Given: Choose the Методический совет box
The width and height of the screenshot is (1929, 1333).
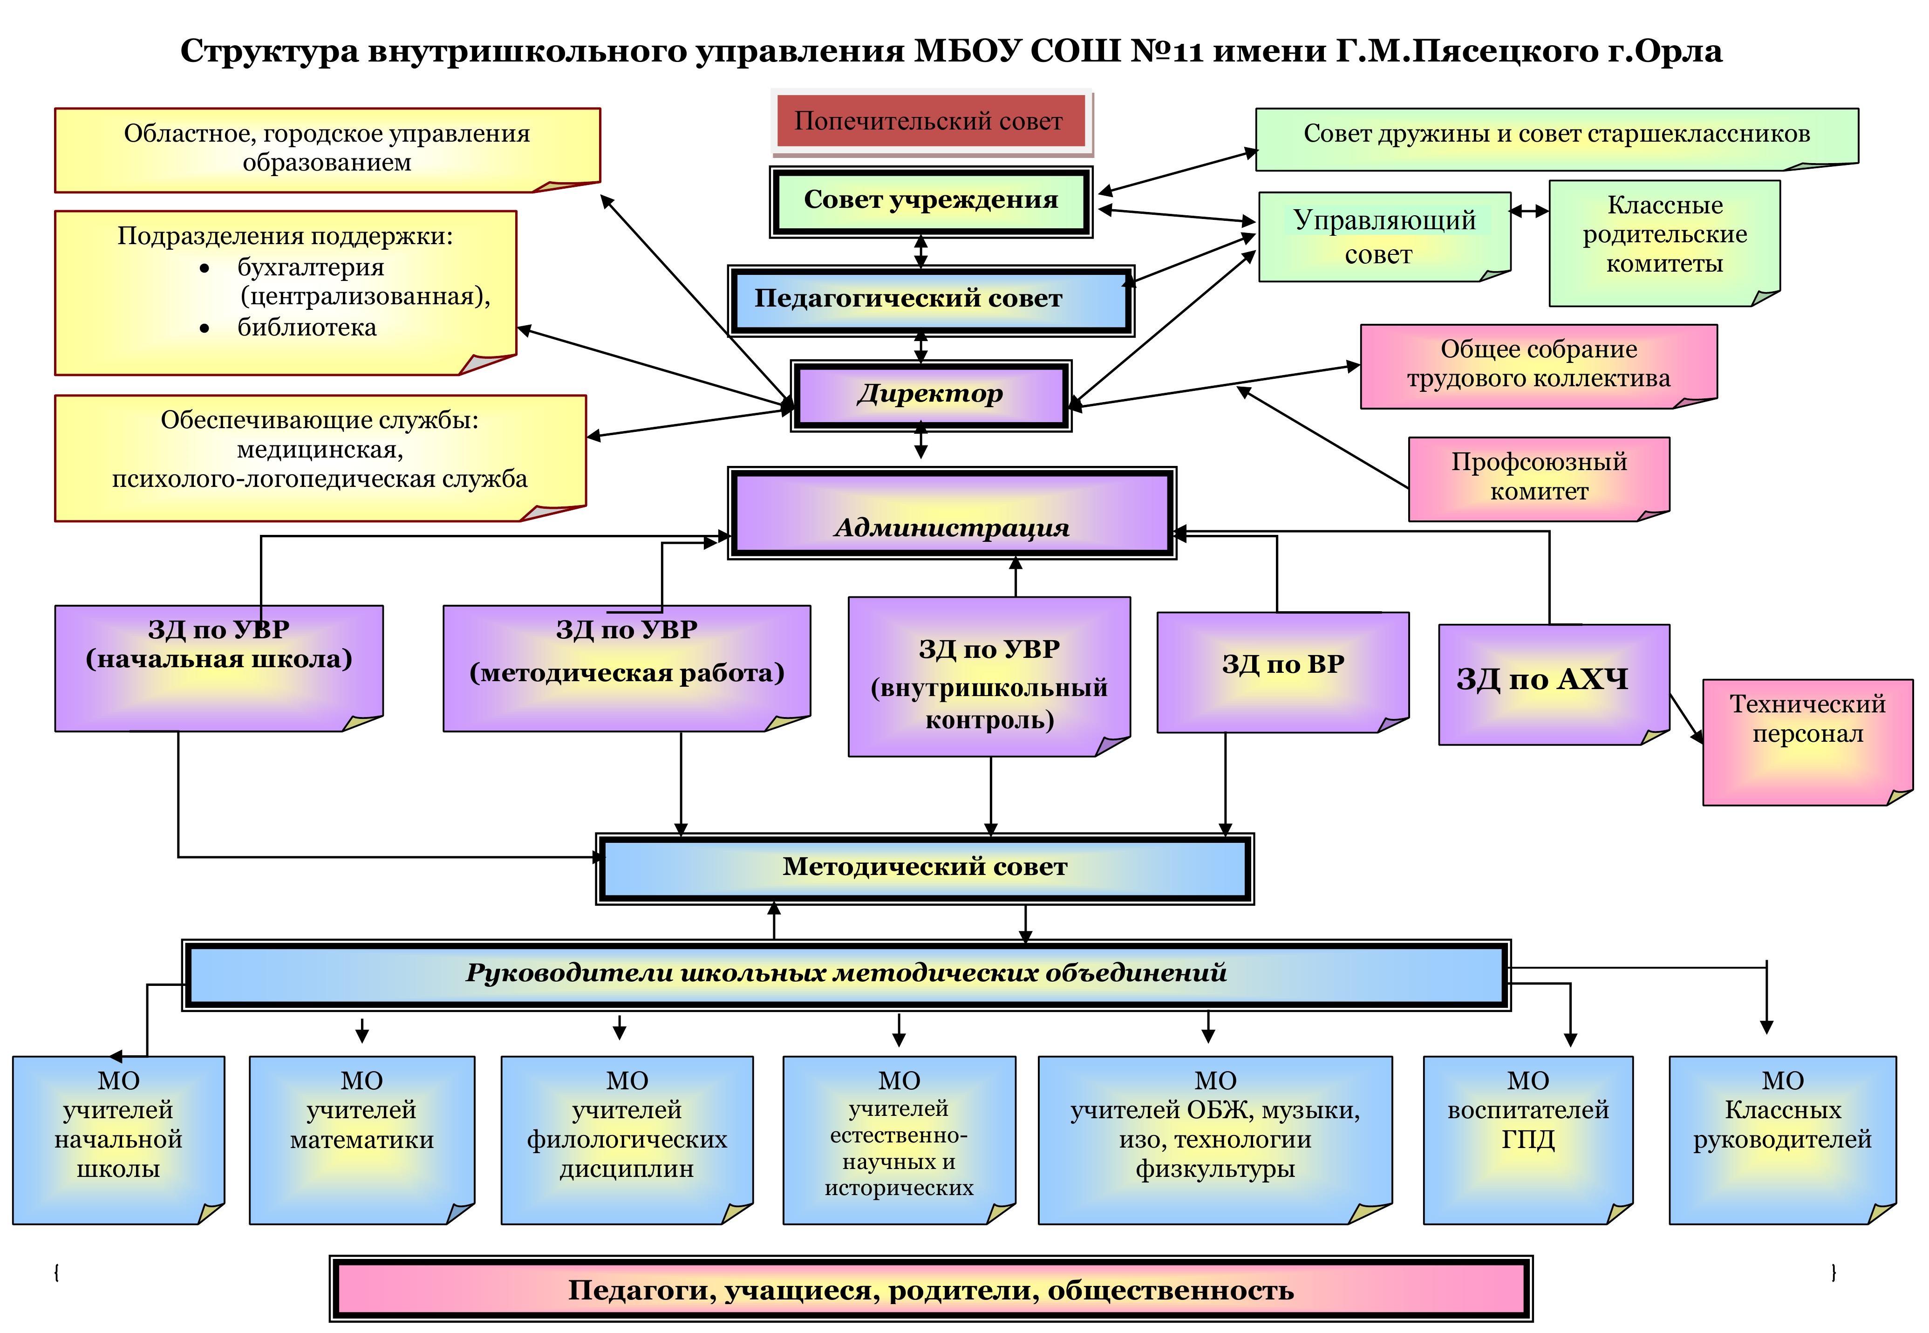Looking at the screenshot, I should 924,868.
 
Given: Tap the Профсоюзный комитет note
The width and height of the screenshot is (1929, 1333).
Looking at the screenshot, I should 1538,478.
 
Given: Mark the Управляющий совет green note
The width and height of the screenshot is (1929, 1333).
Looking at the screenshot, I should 1384,237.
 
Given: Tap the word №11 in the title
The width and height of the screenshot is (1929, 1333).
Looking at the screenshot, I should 1166,52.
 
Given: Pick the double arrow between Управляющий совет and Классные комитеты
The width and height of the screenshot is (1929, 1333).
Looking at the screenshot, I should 1529,212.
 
